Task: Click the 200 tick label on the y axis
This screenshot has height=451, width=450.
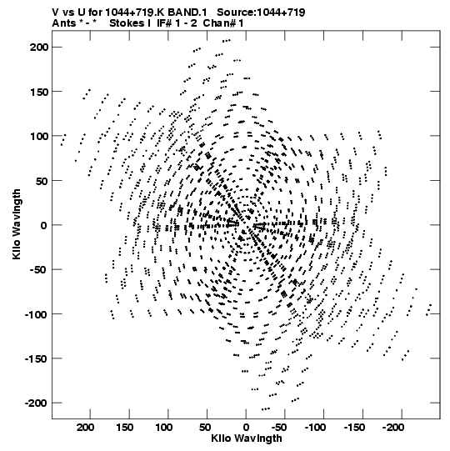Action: coord(39,47)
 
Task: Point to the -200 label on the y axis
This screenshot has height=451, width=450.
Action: coord(36,403)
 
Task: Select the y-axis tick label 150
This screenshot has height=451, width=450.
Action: coord(40,92)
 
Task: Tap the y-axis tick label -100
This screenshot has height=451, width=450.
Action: coord(36,314)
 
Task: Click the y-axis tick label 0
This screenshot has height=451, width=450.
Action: coord(43,225)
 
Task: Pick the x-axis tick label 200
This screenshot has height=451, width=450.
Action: coord(85,428)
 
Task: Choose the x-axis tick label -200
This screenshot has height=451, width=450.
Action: coord(393,428)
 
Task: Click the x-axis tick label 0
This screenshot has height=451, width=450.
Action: coord(246,428)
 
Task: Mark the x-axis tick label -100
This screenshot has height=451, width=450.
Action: coord(315,428)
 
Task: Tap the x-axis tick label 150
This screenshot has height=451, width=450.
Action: coord(124,428)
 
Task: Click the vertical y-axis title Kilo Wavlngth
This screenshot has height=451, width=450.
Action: coord(17,224)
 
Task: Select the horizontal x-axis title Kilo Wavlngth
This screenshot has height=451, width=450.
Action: coord(247,438)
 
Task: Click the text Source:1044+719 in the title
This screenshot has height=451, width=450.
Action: coord(261,13)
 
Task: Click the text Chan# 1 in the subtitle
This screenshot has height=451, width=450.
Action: coord(223,23)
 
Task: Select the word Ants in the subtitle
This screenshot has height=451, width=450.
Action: coord(64,23)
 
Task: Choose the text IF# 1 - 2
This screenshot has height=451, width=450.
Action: coord(177,23)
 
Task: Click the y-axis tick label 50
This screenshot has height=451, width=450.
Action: coord(42,181)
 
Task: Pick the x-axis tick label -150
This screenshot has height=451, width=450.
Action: coord(354,428)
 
